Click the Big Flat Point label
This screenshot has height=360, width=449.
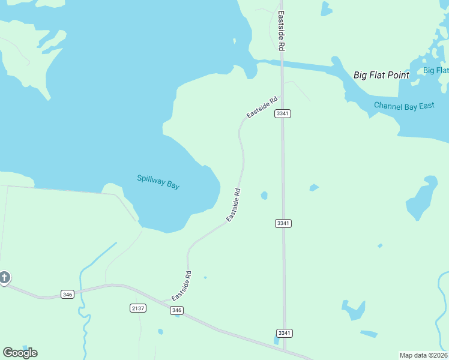point(381,75)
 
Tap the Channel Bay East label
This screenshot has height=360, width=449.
point(404,106)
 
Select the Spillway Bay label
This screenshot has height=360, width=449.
point(158,182)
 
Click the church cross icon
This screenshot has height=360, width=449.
point(4,277)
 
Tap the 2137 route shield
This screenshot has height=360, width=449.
point(138,308)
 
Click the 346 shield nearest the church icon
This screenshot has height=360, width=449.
point(67,294)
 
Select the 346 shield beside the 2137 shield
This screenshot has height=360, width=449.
point(176,310)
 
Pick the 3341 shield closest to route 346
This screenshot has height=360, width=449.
point(284,333)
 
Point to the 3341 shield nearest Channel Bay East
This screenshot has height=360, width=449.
point(283,113)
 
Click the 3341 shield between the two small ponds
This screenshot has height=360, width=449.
point(283,223)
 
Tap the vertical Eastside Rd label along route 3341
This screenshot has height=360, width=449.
point(280,30)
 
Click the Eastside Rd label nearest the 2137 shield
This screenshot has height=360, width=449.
point(181,286)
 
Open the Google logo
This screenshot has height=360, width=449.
point(20,352)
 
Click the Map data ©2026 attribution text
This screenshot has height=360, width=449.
point(424,355)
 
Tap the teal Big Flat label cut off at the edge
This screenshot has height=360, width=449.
point(436,70)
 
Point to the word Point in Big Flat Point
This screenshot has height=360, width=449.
point(398,75)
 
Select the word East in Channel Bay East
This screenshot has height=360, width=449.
point(427,106)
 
